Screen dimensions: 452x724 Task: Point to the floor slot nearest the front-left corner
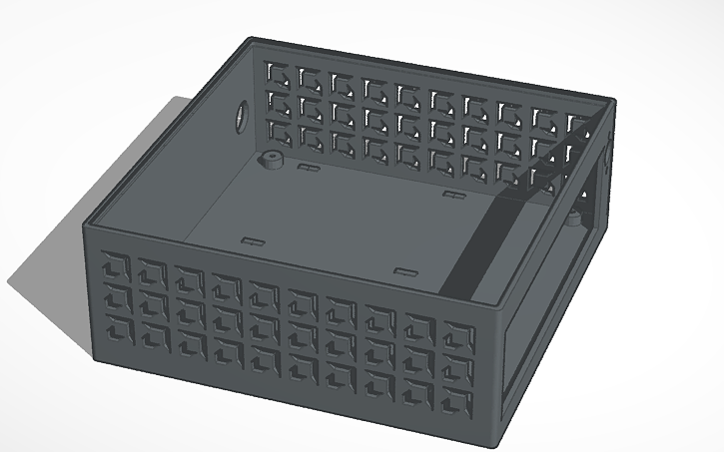(x=250, y=240)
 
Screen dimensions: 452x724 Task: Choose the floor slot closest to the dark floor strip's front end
(x=404, y=270)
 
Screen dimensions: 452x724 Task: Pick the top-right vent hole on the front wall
(x=458, y=335)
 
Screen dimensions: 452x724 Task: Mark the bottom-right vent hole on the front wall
(x=459, y=402)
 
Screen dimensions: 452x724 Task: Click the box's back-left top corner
(x=250, y=40)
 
